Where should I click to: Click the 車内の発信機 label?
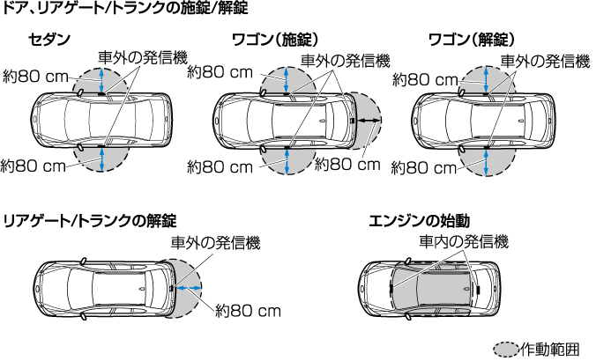[x=463, y=240]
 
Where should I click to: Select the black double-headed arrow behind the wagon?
[x=369, y=119]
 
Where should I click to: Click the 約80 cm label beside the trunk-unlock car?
[x=249, y=311]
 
